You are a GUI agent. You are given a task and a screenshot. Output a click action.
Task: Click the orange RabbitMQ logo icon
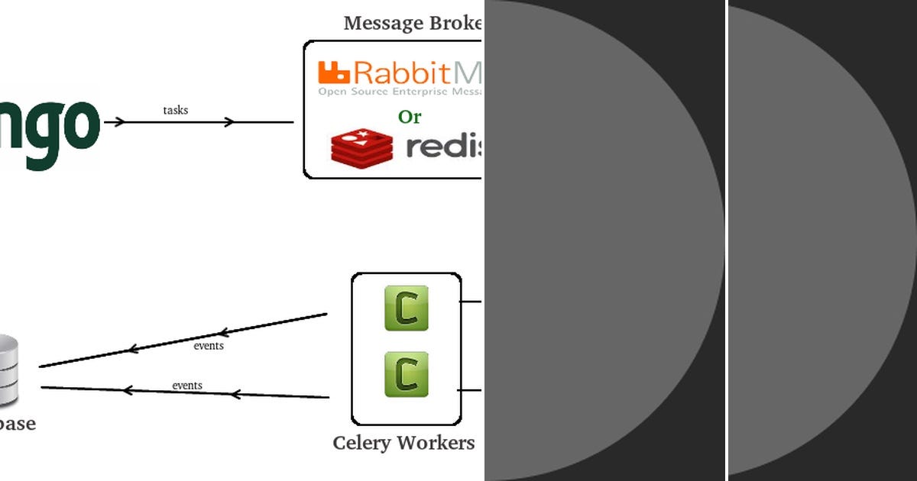[334, 73]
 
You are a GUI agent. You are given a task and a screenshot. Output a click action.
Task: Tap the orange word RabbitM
[417, 73]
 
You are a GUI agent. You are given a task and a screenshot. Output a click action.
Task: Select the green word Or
[410, 117]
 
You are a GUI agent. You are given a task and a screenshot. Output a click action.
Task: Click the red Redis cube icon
[361, 147]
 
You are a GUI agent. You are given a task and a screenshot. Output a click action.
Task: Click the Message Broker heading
[413, 23]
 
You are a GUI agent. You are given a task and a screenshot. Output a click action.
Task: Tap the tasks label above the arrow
[175, 110]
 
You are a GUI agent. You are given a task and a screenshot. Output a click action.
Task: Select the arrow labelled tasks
[199, 122]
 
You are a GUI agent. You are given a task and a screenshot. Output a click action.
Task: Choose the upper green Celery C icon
[407, 308]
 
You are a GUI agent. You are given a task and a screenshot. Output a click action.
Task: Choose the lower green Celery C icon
[407, 374]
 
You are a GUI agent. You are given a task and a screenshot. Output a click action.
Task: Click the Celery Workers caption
[403, 443]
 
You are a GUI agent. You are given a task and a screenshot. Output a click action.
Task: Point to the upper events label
[209, 346]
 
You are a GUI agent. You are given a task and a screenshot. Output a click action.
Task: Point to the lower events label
[187, 386]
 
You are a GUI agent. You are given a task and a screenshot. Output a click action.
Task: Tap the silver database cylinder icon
[8, 370]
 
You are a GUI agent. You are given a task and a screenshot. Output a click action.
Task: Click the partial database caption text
[17, 424]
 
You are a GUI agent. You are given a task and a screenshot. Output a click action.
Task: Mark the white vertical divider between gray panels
[726, 240]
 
